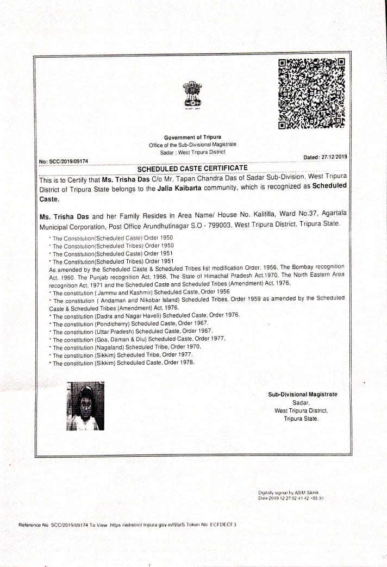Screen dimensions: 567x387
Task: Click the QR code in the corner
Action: [311, 94]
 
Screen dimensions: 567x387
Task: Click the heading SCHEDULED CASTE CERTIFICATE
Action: [192, 168]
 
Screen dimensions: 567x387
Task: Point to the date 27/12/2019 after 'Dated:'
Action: [334, 157]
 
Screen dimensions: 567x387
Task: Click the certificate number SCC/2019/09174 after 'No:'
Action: [68, 161]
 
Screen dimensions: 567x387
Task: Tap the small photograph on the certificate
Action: [85, 406]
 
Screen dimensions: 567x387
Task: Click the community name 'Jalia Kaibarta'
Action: [183, 189]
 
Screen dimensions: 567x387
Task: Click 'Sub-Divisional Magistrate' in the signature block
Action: [302, 394]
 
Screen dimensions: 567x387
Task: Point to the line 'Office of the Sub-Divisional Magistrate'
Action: [192, 145]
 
